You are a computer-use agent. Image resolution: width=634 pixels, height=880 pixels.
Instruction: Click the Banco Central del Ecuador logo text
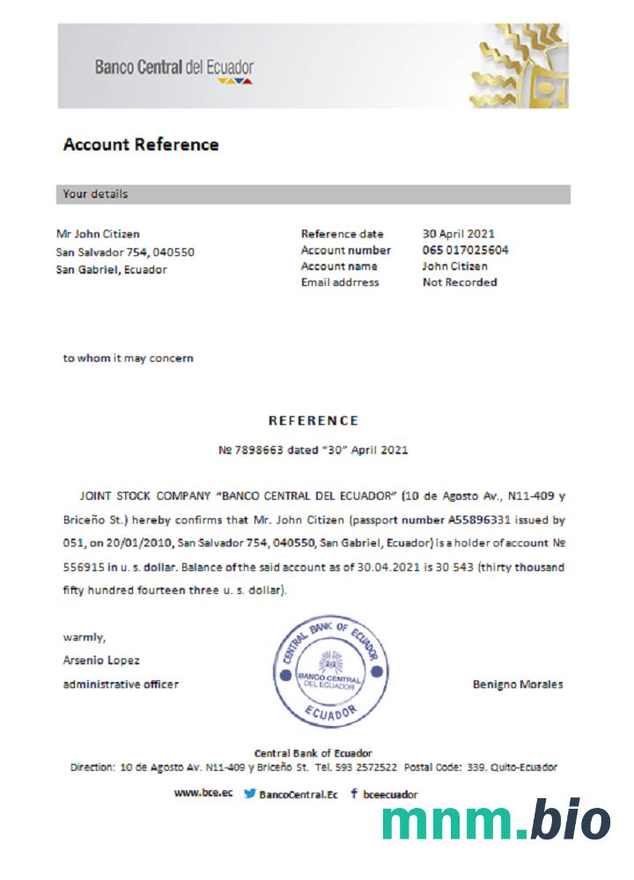(x=174, y=67)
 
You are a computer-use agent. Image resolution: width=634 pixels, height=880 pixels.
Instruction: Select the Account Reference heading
(x=141, y=144)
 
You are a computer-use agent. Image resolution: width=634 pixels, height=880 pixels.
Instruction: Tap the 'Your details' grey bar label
(x=95, y=194)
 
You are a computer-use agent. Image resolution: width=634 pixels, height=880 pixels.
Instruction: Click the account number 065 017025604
(x=465, y=250)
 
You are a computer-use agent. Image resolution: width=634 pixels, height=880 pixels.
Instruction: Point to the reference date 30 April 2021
(x=458, y=234)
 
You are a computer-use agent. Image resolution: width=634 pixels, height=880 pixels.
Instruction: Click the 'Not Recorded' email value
(x=460, y=282)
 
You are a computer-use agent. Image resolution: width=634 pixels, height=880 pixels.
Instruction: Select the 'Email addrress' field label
(x=340, y=282)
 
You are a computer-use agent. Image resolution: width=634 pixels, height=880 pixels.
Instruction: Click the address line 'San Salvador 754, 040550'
(x=125, y=252)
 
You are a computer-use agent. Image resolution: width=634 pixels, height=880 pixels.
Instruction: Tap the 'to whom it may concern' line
(x=129, y=358)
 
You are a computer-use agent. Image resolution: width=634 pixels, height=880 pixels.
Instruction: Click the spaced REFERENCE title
(x=313, y=421)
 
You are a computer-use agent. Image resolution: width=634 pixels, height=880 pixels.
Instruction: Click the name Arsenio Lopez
(x=101, y=660)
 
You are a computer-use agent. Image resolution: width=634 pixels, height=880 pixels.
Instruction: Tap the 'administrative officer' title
(x=121, y=684)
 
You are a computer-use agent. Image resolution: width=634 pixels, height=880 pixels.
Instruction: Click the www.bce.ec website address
(x=203, y=793)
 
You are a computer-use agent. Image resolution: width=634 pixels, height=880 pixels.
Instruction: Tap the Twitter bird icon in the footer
(x=250, y=794)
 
